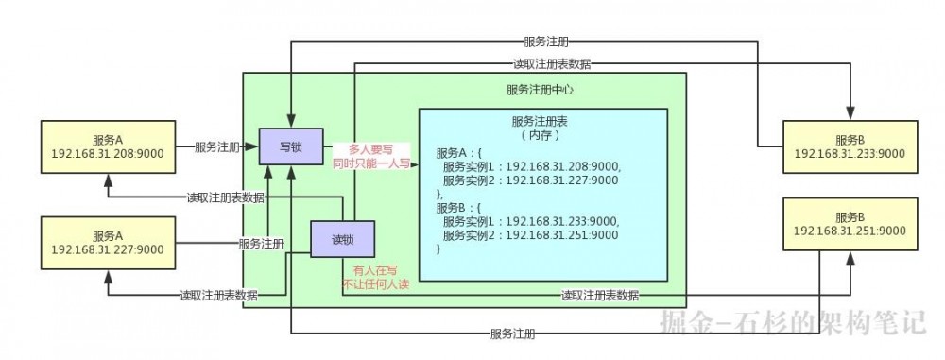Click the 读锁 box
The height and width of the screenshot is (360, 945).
[x=341, y=237]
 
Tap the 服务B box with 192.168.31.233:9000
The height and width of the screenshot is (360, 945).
[x=850, y=146]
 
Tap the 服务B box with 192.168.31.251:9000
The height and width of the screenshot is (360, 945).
[x=850, y=224]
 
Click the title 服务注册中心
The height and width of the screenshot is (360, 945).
[x=541, y=91]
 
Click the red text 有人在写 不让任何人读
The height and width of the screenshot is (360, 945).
[x=373, y=278]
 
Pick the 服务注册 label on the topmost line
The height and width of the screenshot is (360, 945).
[x=545, y=42]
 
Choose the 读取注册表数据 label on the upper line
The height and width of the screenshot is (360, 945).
[x=553, y=63]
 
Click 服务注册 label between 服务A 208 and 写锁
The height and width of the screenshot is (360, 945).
[x=217, y=147]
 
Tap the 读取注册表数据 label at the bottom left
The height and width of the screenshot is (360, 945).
[x=219, y=295]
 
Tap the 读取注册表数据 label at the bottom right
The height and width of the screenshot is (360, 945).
[x=599, y=295]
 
